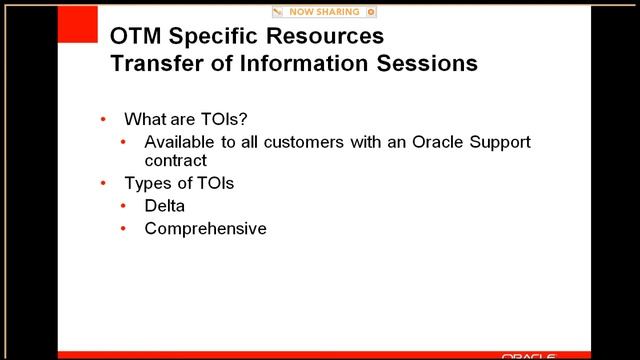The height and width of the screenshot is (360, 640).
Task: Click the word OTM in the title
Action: pos(134,37)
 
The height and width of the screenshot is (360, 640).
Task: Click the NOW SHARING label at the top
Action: pos(325,12)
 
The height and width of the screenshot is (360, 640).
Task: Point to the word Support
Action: pos(497,142)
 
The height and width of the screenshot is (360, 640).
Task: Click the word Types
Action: pos(148,183)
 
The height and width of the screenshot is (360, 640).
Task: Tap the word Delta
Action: pos(165,205)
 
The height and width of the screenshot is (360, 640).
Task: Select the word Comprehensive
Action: pos(205,228)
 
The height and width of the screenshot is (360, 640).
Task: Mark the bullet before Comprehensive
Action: pos(124,228)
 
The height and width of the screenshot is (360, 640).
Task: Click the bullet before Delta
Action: pos(124,205)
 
